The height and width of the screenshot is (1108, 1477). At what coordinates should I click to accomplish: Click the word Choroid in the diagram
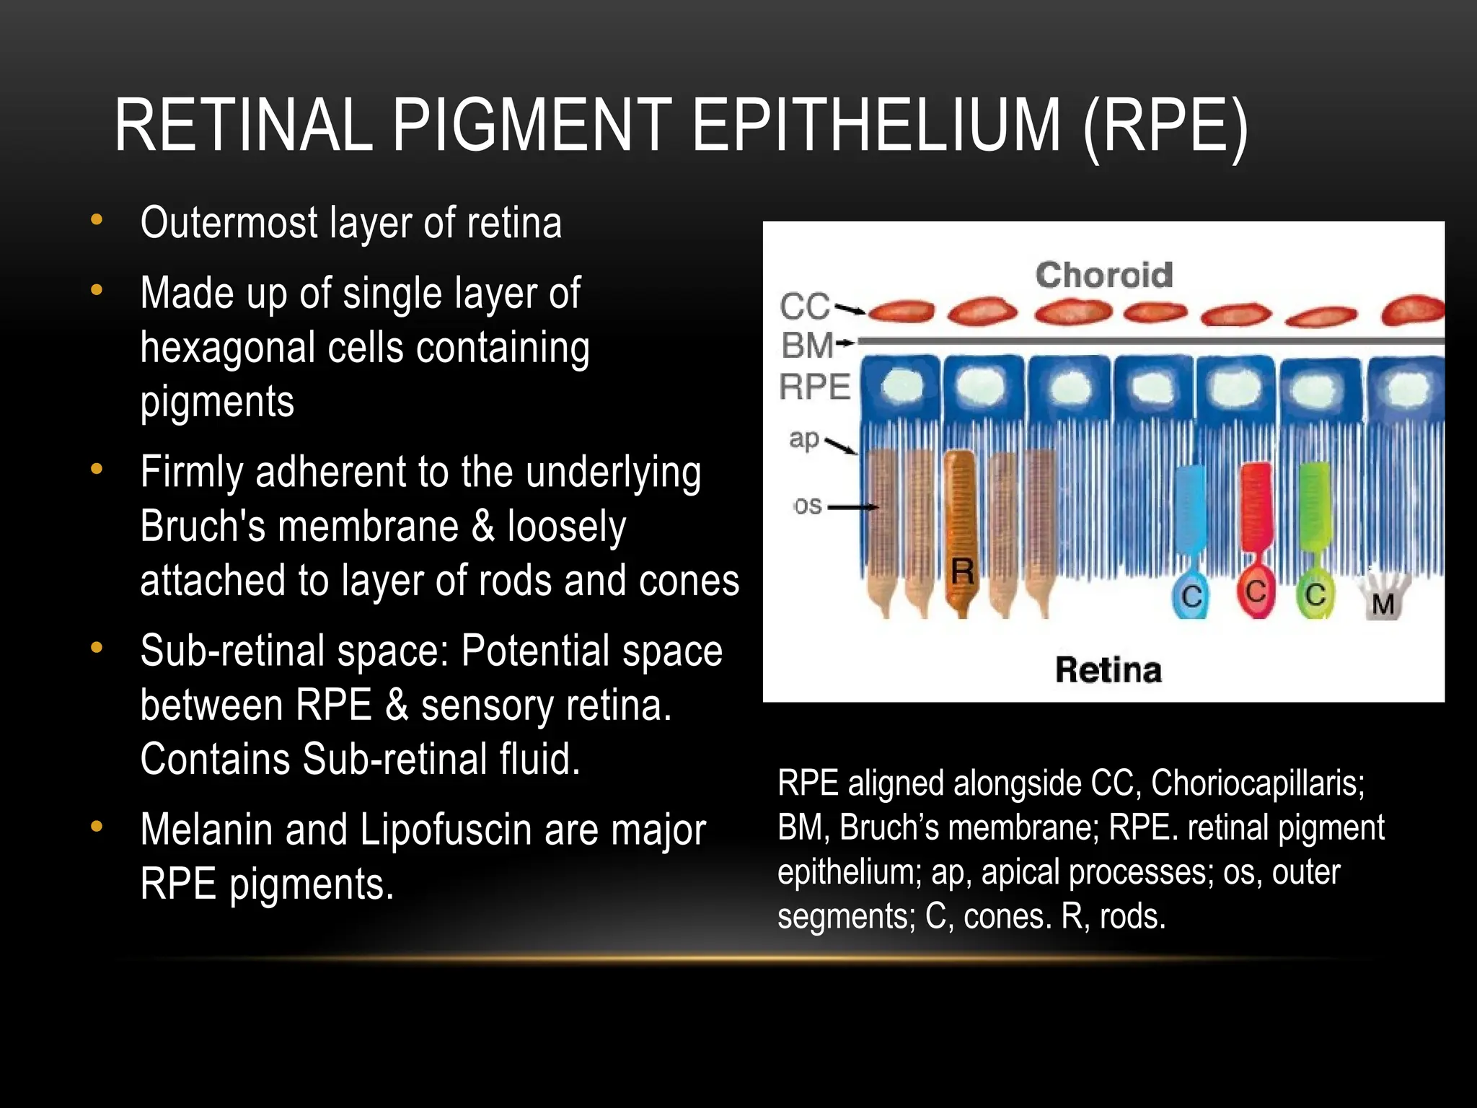(x=1103, y=275)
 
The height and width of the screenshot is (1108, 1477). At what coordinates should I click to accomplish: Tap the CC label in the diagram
(x=804, y=307)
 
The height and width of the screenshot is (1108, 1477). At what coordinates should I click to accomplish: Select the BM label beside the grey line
(x=807, y=345)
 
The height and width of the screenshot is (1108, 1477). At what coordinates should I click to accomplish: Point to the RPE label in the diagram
(x=815, y=387)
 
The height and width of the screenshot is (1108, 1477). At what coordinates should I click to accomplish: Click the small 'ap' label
(x=803, y=439)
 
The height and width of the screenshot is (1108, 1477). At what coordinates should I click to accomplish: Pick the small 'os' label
(x=808, y=506)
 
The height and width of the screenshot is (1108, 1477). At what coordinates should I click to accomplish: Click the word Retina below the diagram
(x=1108, y=670)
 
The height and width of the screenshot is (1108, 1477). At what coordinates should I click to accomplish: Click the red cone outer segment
(x=1256, y=505)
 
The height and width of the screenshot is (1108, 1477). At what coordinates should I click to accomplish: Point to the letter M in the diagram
(x=1383, y=604)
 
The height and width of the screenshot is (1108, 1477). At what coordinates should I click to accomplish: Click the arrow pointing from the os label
(x=852, y=507)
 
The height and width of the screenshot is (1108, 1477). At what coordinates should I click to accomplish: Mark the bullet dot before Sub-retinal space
(x=97, y=647)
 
